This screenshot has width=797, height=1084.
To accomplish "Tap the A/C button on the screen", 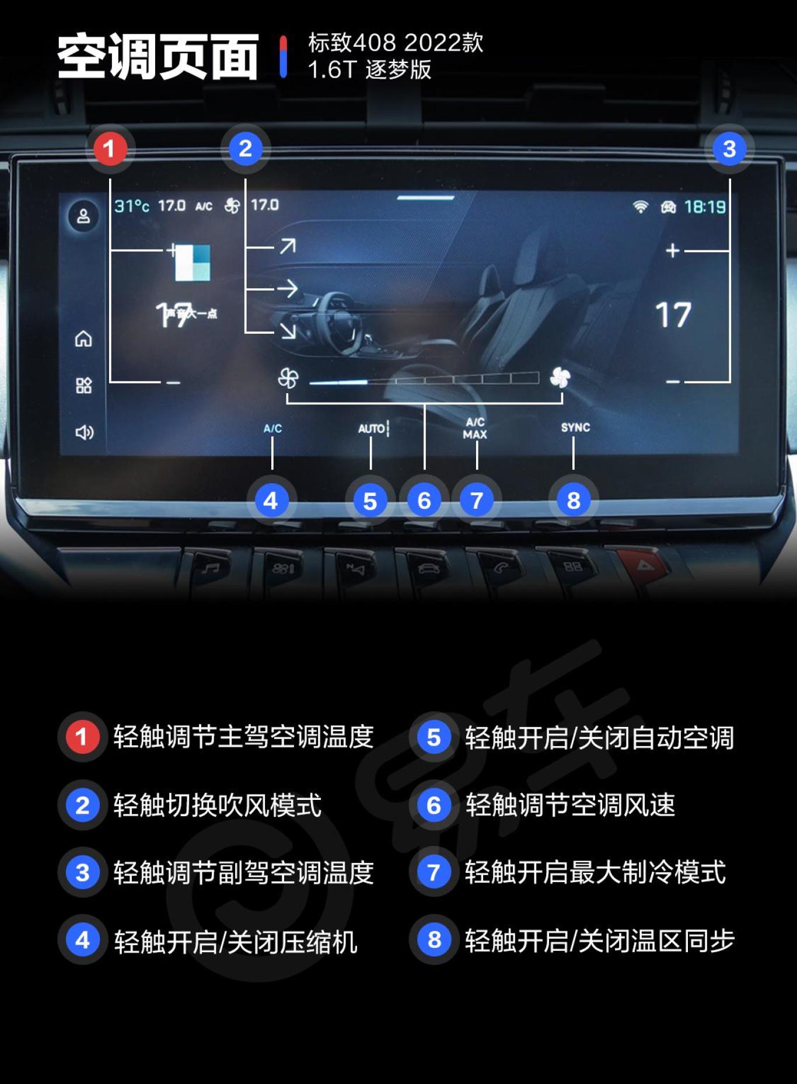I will (x=272, y=428).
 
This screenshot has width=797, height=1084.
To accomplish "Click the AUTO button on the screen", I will (x=372, y=429).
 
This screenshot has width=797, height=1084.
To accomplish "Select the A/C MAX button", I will (x=476, y=428).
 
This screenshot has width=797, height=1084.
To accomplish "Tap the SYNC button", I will (x=575, y=428).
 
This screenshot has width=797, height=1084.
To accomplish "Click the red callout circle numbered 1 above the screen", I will (x=110, y=149).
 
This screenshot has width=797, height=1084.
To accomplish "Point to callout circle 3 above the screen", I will (x=729, y=149).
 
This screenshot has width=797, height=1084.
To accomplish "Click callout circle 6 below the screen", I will (x=424, y=501).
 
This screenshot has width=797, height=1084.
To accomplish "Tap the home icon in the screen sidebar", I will (x=83, y=338).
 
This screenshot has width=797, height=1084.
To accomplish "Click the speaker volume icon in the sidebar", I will (x=84, y=432).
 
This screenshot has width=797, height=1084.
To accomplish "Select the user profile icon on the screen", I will (x=83, y=216).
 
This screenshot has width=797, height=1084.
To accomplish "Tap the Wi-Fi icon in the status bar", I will (x=641, y=207).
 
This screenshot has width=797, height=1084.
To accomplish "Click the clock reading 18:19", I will (x=705, y=207).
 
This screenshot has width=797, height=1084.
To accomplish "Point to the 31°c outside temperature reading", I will (x=132, y=206).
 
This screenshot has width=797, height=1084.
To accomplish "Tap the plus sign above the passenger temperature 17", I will (x=673, y=251).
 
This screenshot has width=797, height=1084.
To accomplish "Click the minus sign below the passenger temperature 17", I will (x=673, y=382).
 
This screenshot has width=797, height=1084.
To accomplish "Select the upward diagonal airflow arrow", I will (x=287, y=246).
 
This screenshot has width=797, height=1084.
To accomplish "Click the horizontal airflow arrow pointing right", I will (x=287, y=288).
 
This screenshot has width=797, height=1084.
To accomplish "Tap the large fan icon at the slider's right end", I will (x=560, y=378).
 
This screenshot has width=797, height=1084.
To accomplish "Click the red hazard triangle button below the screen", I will (x=643, y=565).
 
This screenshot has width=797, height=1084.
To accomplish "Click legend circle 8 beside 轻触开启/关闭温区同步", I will (x=434, y=940).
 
